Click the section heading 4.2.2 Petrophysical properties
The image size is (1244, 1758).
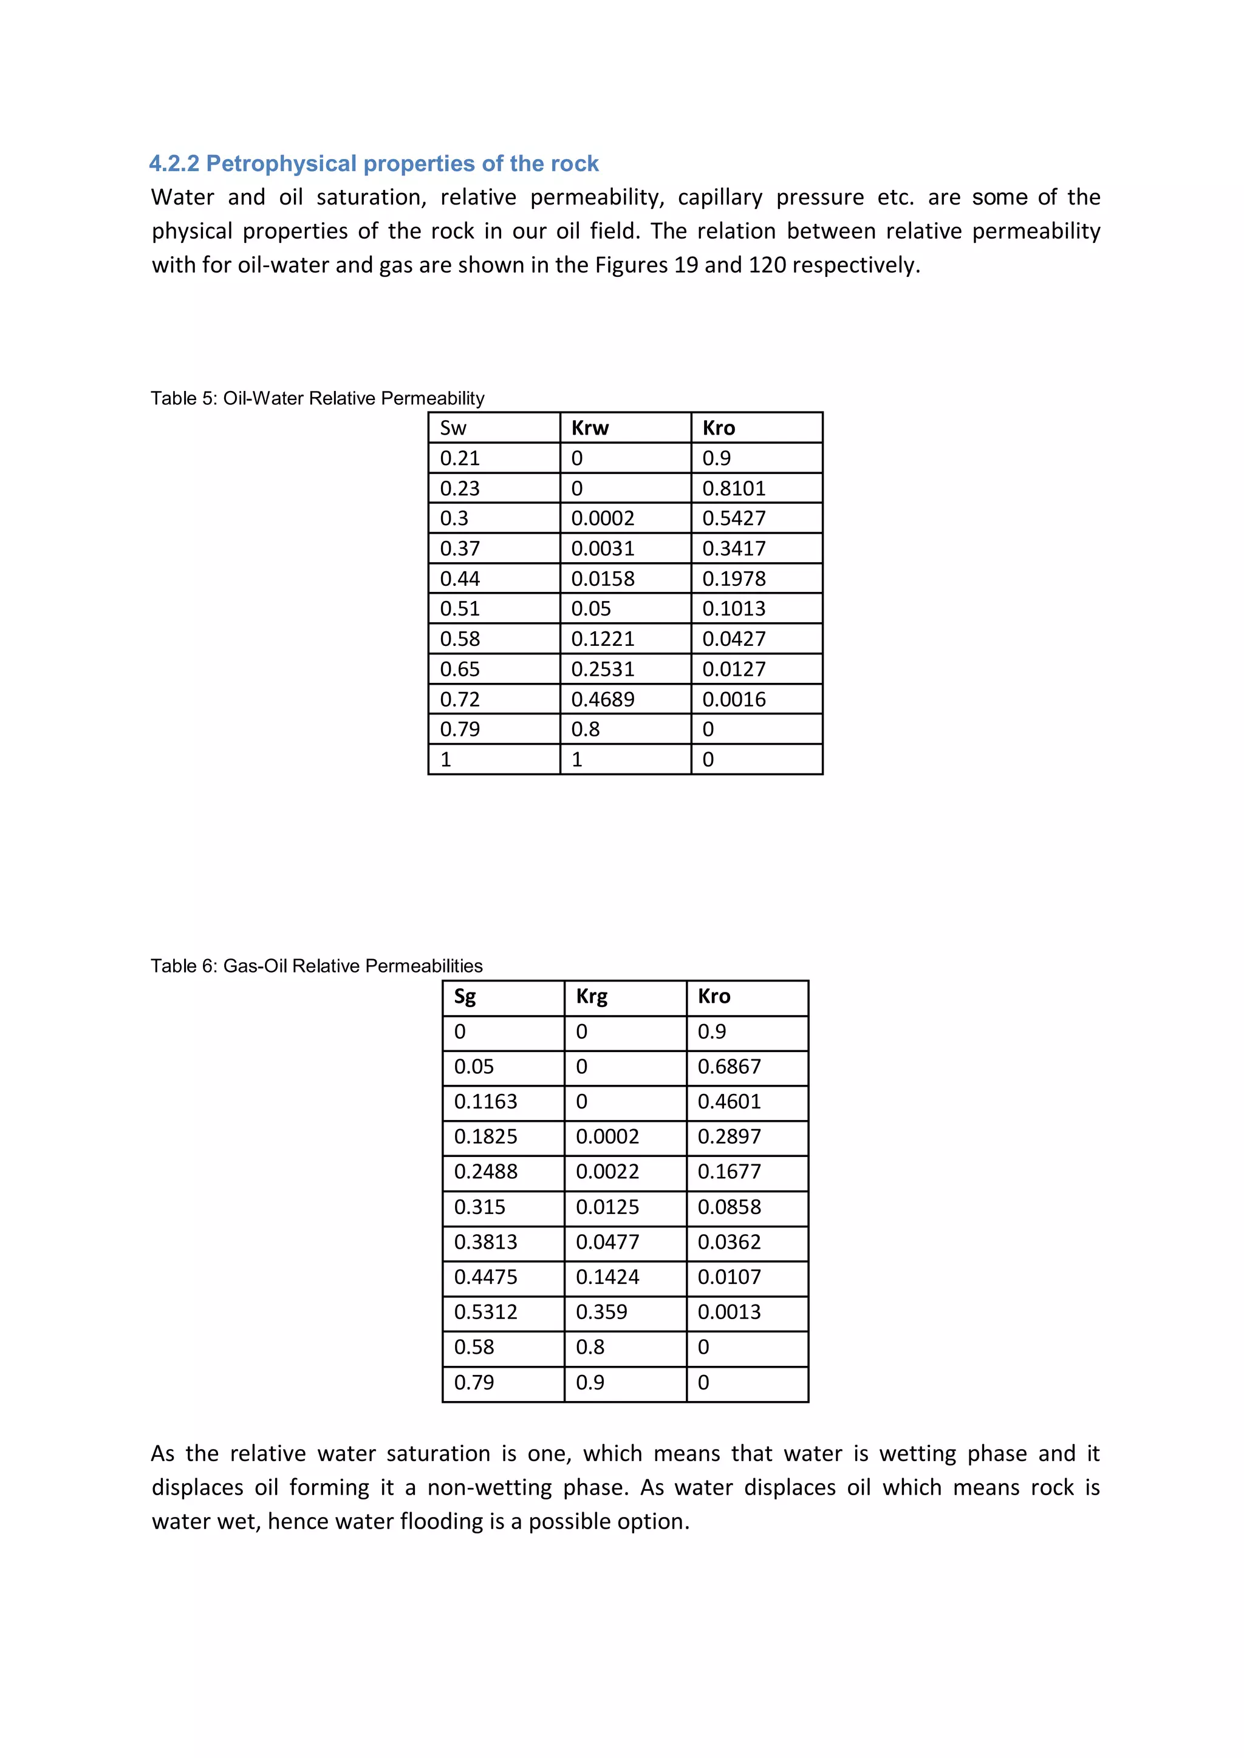pyautogui.click(x=373, y=163)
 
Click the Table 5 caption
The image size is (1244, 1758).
pyautogui.click(x=317, y=398)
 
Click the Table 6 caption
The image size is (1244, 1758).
pyautogui.click(x=316, y=966)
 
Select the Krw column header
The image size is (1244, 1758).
pyautogui.click(x=590, y=428)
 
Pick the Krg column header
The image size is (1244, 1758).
pyautogui.click(x=592, y=996)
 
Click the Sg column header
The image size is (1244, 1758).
pyautogui.click(x=465, y=996)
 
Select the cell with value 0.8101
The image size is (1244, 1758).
pyautogui.click(x=734, y=489)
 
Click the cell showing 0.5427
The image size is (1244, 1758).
pyautogui.click(x=734, y=518)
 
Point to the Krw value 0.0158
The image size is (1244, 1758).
pyautogui.click(x=603, y=579)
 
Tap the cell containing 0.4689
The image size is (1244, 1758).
pyautogui.click(x=603, y=699)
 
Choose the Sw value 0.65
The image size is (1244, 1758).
pyautogui.click(x=460, y=669)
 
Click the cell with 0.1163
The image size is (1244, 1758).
pyautogui.click(x=486, y=1101)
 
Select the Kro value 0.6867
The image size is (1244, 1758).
pyautogui.click(x=730, y=1067)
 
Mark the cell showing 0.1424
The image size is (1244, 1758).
pyautogui.click(x=607, y=1277)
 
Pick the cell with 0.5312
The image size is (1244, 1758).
pyautogui.click(x=486, y=1312)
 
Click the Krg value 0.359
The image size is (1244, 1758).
pyautogui.click(x=601, y=1312)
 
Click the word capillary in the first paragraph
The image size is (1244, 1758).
pyautogui.click(x=720, y=197)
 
